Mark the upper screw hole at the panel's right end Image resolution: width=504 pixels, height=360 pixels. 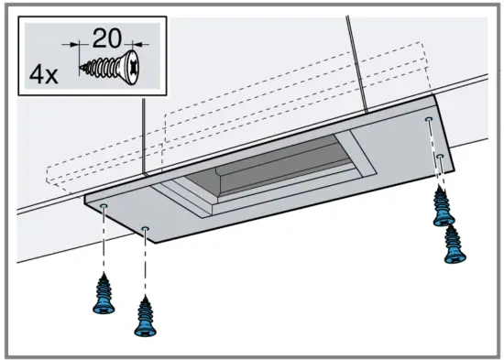429,120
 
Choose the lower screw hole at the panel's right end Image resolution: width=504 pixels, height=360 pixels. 441,157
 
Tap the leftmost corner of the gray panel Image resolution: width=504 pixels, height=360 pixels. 84,196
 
